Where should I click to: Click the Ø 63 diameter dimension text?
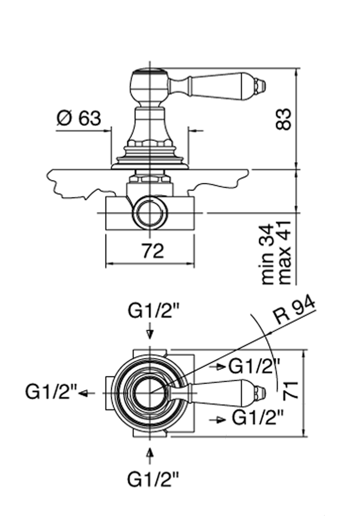[x=79, y=118]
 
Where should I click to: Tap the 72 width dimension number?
[x=153, y=251]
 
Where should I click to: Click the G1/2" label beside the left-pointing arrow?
[x=51, y=392]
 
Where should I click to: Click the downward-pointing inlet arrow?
[x=150, y=333]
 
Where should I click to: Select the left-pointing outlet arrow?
[x=86, y=394]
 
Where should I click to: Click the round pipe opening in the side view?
[x=150, y=213]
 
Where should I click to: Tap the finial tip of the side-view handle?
[x=261, y=86]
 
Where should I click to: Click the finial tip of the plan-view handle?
[x=261, y=392]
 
